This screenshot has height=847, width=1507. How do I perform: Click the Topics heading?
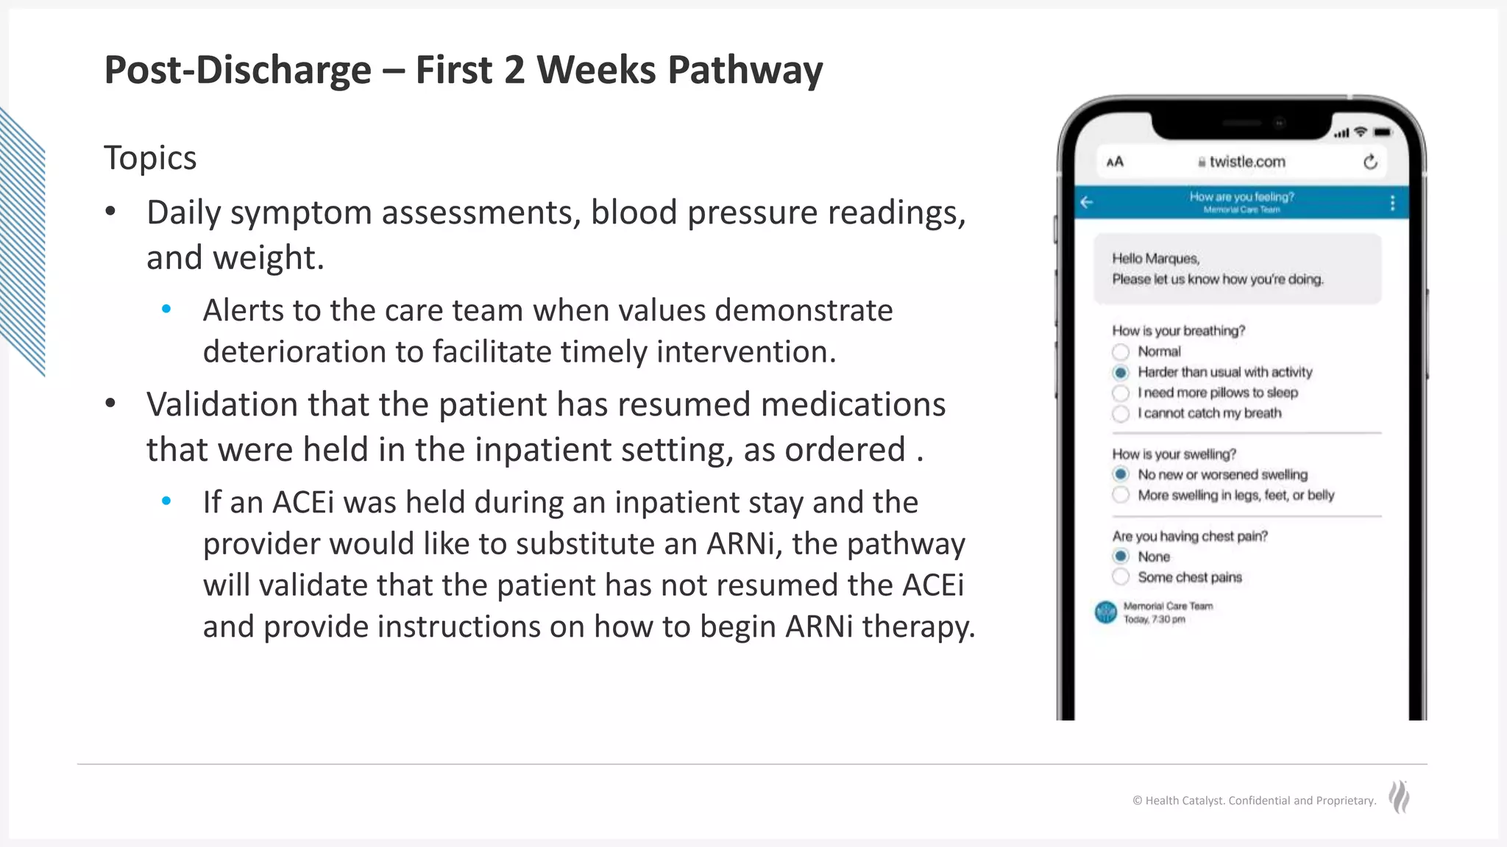tap(150, 157)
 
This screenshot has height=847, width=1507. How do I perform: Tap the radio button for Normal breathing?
tap(1121, 352)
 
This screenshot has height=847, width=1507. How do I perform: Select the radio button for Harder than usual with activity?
tap(1121, 373)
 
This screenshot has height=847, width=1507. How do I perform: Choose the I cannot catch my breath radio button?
tap(1121, 414)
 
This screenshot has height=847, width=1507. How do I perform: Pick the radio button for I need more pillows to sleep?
tap(1121, 393)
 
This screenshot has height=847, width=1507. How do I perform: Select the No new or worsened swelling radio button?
tap(1121, 474)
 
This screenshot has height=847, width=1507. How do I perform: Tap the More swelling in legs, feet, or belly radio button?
tap(1121, 495)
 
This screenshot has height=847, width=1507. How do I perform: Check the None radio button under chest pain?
tap(1121, 557)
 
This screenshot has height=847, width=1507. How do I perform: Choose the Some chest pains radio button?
tap(1121, 577)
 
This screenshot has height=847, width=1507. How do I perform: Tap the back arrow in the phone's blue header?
tap(1087, 202)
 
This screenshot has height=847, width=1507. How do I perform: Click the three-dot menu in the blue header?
tap(1392, 203)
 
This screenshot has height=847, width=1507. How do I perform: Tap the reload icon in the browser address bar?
tap(1370, 162)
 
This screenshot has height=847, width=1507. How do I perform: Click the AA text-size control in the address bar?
tap(1115, 162)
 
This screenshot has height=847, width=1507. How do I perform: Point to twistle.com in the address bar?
tap(1247, 162)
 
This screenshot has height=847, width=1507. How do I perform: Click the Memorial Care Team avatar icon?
tap(1106, 612)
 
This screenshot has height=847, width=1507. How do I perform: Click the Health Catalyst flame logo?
tap(1399, 797)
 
